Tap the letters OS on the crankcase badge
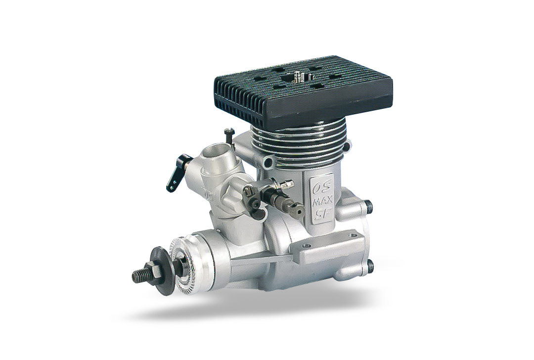319,188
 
